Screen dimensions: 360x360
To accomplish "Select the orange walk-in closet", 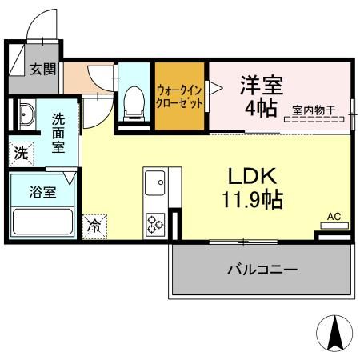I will tap(179, 97).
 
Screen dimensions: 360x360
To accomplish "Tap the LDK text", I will tap(254, 176).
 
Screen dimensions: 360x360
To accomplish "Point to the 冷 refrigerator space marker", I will tap(94, 226).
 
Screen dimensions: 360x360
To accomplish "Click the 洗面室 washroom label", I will tap(59, 132).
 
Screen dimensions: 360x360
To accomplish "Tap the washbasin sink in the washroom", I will tap(25, 116).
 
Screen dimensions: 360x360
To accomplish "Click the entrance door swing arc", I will tap(42, 28).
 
